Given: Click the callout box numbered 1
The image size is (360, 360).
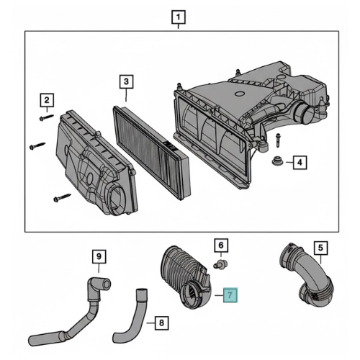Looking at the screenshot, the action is tap(179, 17).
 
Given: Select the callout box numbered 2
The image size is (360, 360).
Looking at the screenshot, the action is tap(47, 100).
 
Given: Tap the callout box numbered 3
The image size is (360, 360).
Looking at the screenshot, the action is tap(126, 81).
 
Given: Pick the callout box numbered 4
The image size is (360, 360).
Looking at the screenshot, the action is tap(300, 163).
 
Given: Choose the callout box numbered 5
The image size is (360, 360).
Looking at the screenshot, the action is tap(321, 248).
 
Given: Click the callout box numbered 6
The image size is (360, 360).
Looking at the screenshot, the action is tap(221, 246).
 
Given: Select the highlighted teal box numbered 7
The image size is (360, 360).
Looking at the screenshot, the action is tap(230, 295).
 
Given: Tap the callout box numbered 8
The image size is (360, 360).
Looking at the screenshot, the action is tap(161, 323).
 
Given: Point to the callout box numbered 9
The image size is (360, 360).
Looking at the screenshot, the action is tap(99, 256).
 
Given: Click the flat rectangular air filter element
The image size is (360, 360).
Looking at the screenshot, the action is tap(152, 153).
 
